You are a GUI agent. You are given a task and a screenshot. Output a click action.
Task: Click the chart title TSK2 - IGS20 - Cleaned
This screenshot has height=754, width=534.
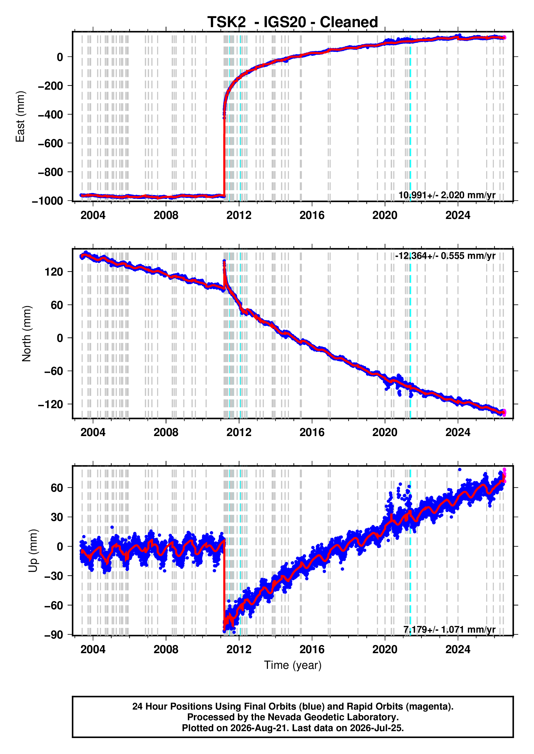292,22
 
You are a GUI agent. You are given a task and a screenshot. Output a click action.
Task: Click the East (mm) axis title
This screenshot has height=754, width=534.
20,117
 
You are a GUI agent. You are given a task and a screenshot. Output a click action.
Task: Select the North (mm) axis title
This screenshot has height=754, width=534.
26,334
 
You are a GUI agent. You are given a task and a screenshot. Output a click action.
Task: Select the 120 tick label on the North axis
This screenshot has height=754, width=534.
54,272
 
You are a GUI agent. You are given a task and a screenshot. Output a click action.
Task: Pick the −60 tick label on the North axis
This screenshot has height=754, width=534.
54,371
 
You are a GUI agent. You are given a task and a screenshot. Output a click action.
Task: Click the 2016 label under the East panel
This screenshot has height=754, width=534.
312,215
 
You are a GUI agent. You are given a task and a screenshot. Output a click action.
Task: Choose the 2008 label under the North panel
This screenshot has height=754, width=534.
166,432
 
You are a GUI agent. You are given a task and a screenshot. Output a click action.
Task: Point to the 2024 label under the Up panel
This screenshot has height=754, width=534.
458,650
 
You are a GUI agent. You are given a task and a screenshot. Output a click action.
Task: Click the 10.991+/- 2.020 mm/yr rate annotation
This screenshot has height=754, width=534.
447,195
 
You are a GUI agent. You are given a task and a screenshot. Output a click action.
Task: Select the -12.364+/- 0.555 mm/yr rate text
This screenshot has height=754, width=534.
445,256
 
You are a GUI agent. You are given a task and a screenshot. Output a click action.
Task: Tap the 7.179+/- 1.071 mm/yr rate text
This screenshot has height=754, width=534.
449,629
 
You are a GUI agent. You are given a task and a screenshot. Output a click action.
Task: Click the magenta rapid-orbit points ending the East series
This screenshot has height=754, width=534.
504,38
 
